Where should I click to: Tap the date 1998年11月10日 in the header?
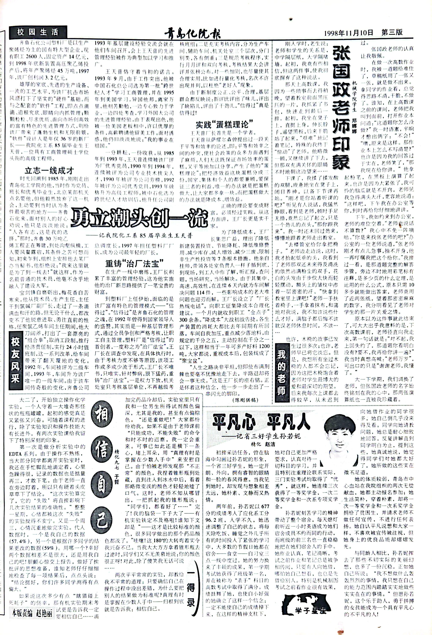[348, 33]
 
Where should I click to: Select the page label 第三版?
[392, 32]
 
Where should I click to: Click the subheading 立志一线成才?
[49, 171]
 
